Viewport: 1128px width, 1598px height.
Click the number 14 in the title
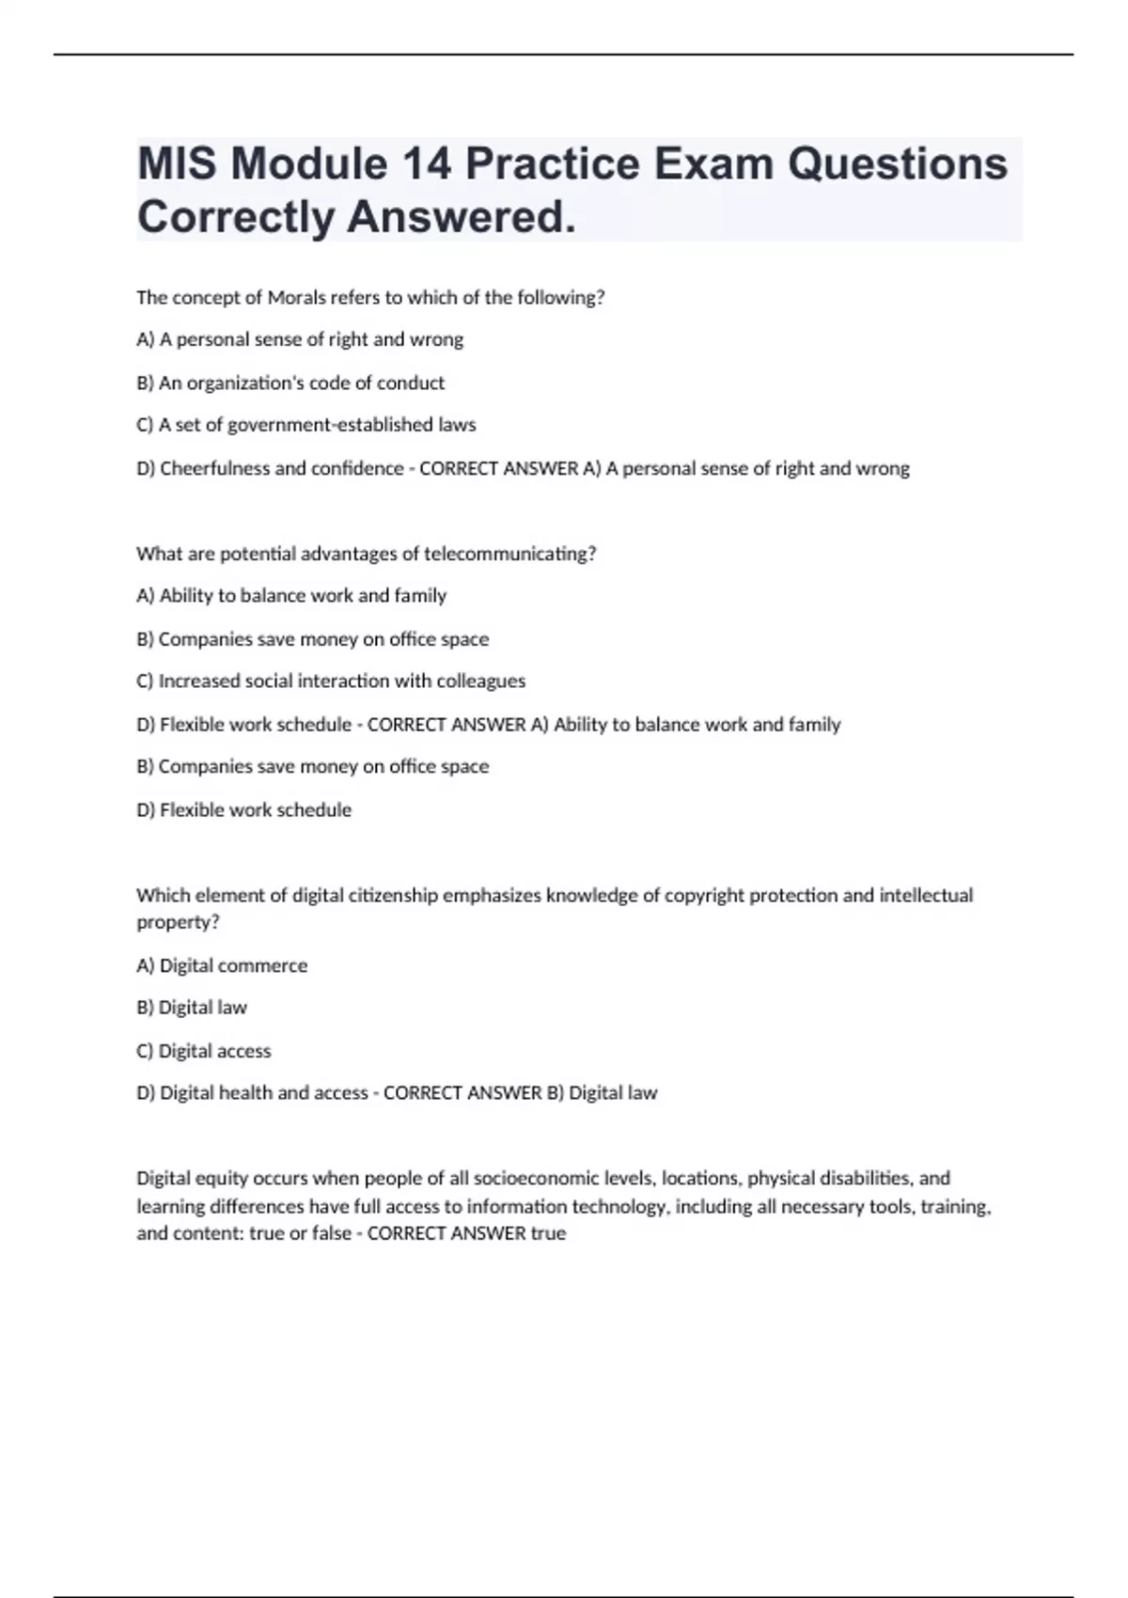(427, 164)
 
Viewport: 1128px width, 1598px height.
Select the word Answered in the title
(461, 217)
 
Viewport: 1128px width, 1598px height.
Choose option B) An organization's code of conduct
(290, 383)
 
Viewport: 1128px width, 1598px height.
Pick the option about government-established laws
(306, 425)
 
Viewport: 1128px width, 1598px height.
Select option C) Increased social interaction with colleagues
(331, 681)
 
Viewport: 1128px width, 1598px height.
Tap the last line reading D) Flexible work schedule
(244, 809)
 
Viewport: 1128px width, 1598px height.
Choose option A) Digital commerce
(222, 965)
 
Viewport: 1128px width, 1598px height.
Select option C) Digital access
(204, 1051)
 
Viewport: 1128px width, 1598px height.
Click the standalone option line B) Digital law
(192, 1008)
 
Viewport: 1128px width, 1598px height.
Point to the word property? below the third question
(178, 922)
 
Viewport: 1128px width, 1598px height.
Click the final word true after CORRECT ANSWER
(548, 1233)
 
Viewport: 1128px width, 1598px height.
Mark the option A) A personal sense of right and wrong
(300, 339)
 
